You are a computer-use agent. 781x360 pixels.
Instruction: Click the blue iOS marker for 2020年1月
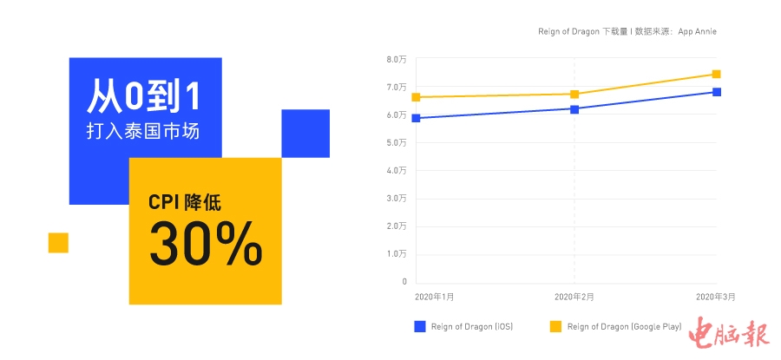point(417,118)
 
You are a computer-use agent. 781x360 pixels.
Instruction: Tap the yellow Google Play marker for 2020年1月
point(417,97)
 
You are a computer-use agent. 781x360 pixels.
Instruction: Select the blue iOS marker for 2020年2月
point(574,109)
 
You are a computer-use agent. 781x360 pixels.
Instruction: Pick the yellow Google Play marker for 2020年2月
point(574,94)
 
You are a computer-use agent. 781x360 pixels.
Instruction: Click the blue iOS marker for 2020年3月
point(717,92)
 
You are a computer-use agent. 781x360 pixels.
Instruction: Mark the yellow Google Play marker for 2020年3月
point(717,74)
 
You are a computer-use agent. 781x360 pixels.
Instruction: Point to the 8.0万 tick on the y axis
point(397,59)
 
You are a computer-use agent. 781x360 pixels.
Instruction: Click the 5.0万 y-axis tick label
point(397,142)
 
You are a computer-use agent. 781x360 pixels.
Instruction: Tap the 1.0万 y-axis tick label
point(397,254)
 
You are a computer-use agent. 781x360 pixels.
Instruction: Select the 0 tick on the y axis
point(404,282)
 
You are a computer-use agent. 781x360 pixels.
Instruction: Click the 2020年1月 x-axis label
point(435,297)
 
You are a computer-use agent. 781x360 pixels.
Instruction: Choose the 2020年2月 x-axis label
point(574,297)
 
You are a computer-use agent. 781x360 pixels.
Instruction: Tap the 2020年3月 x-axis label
point(715,297)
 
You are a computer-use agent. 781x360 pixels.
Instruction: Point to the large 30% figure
point(206,245)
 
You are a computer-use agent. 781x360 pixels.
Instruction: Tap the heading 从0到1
point(144,96)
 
